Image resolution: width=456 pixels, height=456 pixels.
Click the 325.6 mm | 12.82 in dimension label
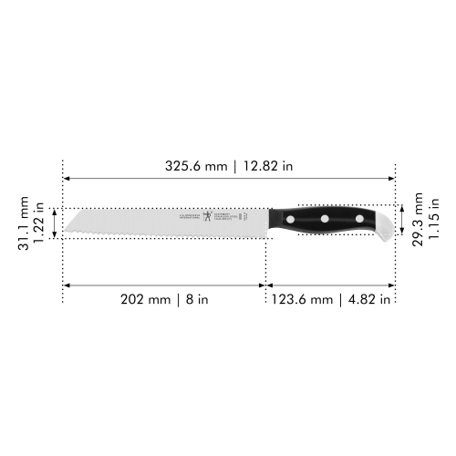pyautogui.click(x=229, y=166)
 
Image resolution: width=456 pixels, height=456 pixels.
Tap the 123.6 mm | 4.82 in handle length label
pyautogui.click(x=330, y=298)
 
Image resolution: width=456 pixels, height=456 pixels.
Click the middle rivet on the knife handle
pyautogui.click(x=324, y=220)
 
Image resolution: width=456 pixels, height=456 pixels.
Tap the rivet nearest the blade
pyautogui.click(x=291, y=220)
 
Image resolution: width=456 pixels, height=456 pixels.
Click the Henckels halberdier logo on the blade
pyautogui.click(x=208, y=217)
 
